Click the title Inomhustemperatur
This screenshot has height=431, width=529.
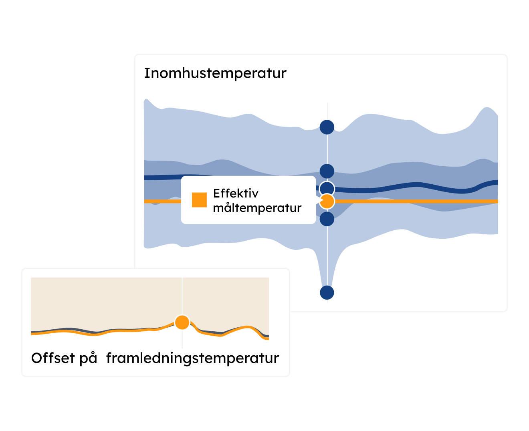tap(215, 73)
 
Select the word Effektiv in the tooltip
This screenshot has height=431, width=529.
tap(236, 193)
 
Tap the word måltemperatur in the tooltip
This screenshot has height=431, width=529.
tap(257, 208)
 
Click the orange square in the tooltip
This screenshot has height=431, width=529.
tap(199, 200)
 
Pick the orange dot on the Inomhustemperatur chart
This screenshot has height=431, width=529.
tap(327, 201)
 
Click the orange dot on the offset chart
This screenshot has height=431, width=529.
tap(182, 322)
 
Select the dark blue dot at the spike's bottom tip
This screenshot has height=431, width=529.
tap(327, 292)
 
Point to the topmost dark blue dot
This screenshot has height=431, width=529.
tap(327, 127)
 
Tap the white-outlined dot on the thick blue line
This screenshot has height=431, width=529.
tap(327, 188)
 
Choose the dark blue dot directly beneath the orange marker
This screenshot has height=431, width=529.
tap(327, 219)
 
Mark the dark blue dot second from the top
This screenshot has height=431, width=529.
tap(327, 171)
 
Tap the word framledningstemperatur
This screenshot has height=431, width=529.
tap(192, 358)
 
